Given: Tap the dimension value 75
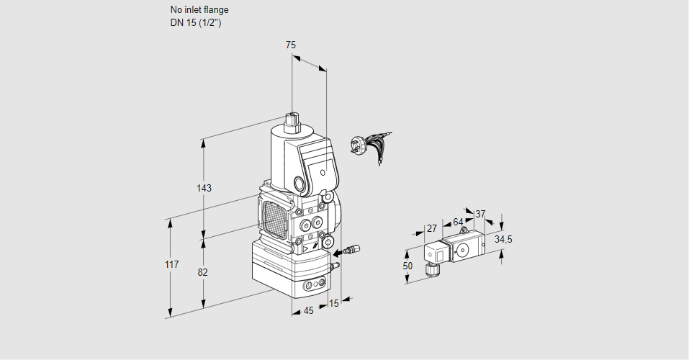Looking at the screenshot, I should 291,45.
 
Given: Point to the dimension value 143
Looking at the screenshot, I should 204,189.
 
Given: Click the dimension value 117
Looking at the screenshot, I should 171,265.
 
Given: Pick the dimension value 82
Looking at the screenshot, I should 203,272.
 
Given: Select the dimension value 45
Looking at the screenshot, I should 308,311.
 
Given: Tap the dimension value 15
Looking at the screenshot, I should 333,303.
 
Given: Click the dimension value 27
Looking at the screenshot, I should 432,229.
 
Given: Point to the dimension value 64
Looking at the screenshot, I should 458,222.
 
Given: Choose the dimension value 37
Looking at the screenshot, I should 481,214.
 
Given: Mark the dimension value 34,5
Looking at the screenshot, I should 504,239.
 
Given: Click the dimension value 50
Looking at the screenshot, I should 407,266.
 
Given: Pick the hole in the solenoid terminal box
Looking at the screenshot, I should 323,173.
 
